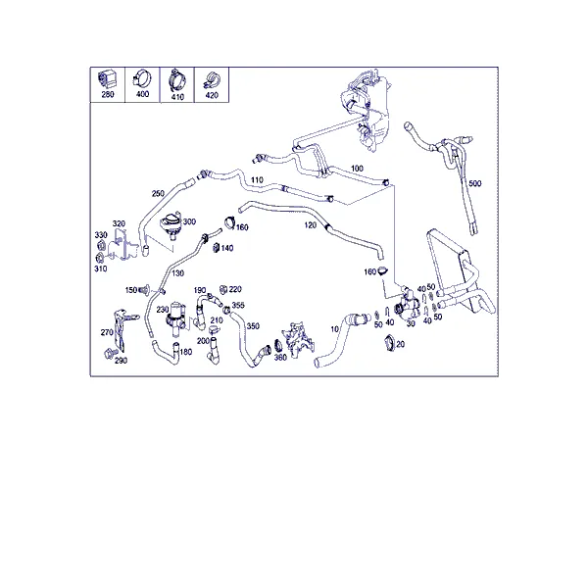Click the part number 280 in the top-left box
pos(108,94)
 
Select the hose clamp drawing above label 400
pos(142,78)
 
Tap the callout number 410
pos(177,97)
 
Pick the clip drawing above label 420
pos(212,81)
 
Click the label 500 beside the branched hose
pos(474,183)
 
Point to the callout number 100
pos(357,169)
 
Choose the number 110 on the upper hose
pos(257,180)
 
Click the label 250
pos(158,193)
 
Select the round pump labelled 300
pos(171,224)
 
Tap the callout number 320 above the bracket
pos(119,223)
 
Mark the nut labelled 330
pos(101,246)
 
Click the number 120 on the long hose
pos(310,225)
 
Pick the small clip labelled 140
pos(216,248)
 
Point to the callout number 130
pos(177,273)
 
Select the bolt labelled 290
pos(110,353)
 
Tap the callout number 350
pos(253,326)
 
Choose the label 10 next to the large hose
pos(334,329)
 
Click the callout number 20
pos(400,344)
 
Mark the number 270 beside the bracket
pos(107,332)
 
